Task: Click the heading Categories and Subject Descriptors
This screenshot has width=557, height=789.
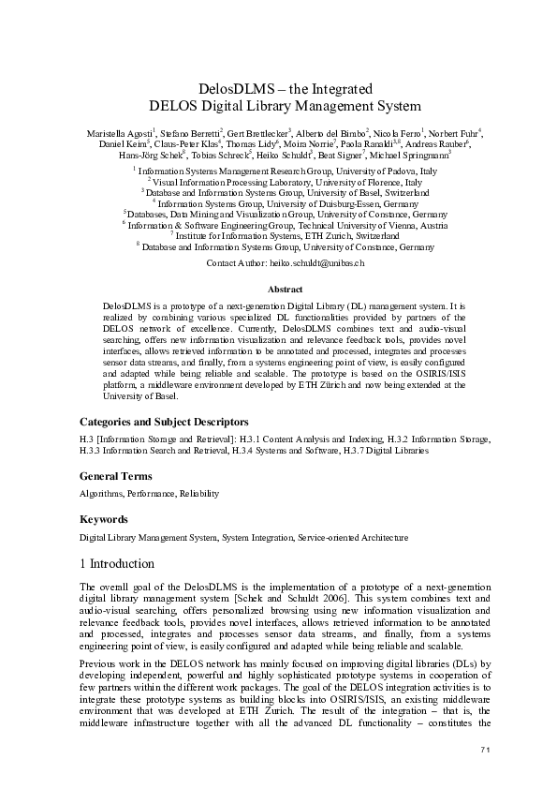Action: click(164, 422)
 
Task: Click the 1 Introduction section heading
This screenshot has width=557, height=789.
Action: click(124, 563)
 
